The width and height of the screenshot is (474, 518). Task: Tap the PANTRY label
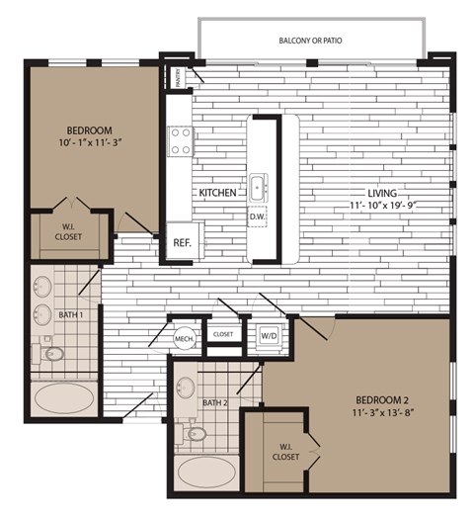(x=179, y=76)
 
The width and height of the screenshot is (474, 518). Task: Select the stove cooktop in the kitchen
(x=180, y=141)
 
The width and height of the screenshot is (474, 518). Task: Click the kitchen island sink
(x=258, y=185)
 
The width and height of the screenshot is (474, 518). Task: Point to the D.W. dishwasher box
(x=257, y=216)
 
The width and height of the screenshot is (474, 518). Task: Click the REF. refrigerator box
(x=182, y=241)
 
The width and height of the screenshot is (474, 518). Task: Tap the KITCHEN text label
(x=217, y=193)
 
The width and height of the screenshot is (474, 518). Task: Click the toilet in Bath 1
(x=52, y=352)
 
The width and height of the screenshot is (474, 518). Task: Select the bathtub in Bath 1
(x=66, y=399)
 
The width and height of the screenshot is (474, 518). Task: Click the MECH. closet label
(x=184, y=338)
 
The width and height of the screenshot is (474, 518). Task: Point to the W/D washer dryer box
(x=269, y=334)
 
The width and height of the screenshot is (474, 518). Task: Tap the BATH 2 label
(x=215, y=402)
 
